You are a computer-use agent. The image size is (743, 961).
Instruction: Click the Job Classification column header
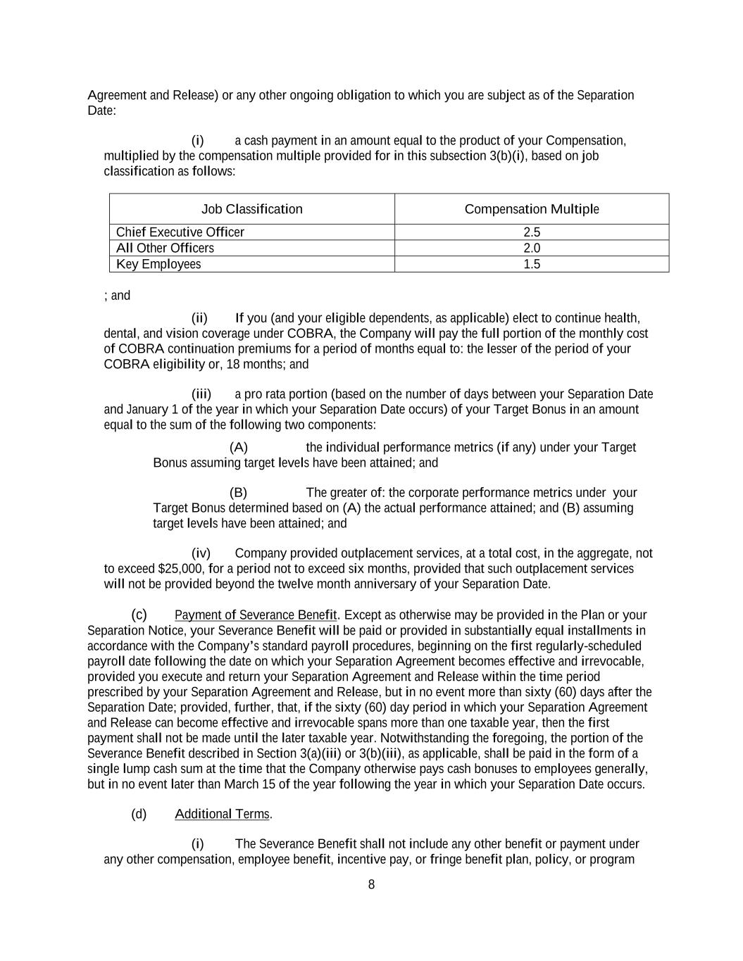(251, 209)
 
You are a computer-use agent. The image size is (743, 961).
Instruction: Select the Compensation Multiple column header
(532, 209)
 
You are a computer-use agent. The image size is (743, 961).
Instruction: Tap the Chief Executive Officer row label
(180, 232)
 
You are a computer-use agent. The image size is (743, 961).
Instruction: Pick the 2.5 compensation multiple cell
(532, 232)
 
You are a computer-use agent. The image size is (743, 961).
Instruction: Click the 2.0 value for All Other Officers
(532, 248)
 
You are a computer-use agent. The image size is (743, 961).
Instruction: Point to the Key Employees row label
(158, 264)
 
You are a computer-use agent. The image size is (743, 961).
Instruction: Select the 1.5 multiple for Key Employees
(532, 264)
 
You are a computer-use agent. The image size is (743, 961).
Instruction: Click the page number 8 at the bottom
(371, 885)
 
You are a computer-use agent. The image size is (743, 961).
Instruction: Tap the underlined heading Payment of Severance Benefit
(256, 615)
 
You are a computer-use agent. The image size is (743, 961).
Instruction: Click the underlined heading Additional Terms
(222, 815)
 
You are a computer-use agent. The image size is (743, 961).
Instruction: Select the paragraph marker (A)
(239, 448)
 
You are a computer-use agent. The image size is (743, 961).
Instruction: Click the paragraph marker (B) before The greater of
(239, 493)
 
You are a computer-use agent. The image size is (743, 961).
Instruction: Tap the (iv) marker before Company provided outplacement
(201, 553)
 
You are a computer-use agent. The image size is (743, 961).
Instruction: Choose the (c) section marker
(139, 615)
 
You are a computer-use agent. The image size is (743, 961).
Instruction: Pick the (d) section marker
(139, 815)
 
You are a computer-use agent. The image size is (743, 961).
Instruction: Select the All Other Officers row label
(165, 248)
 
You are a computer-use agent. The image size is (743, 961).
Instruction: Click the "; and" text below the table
(117, 296)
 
